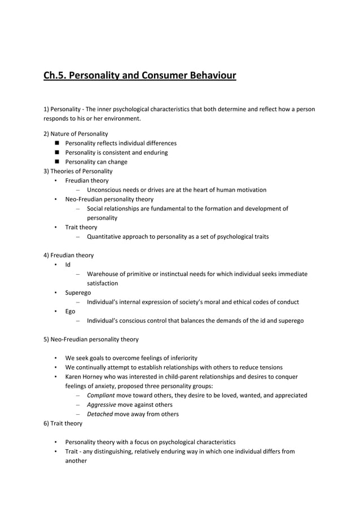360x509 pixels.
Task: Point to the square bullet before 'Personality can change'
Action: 58,161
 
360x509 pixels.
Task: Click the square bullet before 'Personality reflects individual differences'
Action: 58,143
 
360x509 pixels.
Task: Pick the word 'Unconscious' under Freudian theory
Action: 105,190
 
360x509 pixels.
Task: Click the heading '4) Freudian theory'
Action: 69,255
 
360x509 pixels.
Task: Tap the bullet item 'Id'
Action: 68,264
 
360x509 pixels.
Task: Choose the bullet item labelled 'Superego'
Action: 78,292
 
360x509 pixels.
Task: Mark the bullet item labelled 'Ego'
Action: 70,311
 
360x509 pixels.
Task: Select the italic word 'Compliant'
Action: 100,395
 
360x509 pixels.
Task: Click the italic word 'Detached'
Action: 100,414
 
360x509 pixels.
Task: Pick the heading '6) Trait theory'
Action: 63,423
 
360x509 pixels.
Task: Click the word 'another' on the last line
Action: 76,460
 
